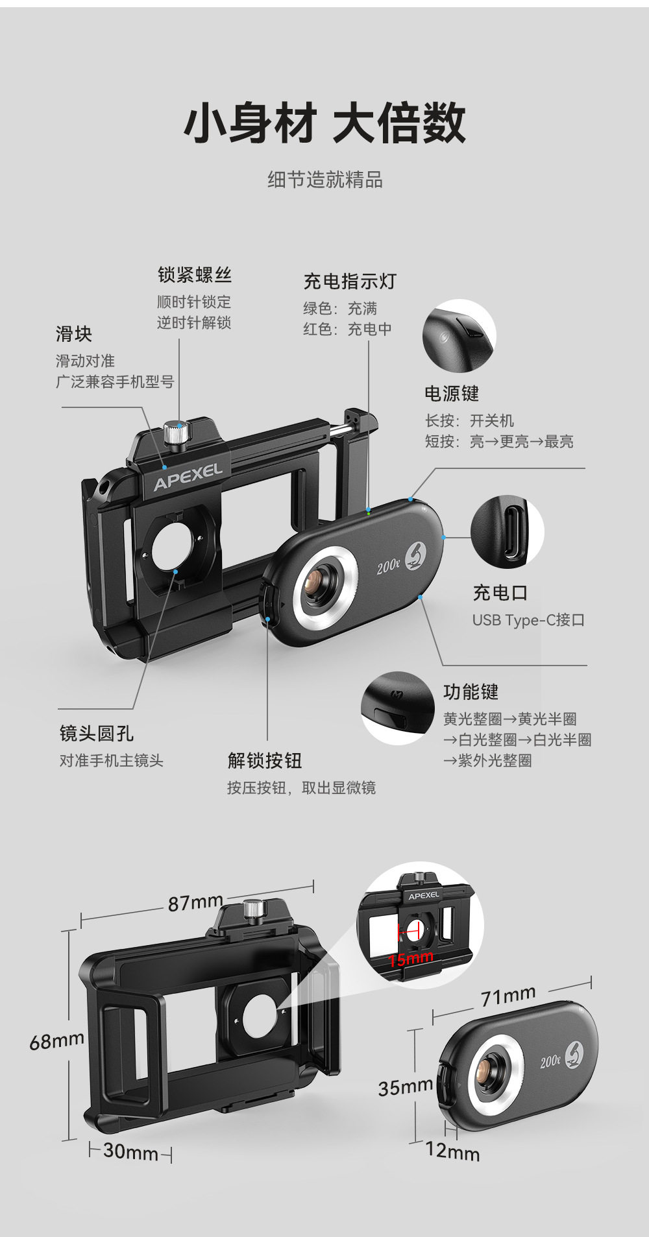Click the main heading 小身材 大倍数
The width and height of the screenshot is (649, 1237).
[324, 123]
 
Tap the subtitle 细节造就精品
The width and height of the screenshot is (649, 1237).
[324, 180]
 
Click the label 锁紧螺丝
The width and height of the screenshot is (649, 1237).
[194, 275]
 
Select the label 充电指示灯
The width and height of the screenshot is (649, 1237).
[349, 282]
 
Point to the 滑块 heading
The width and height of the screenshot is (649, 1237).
[74, 334]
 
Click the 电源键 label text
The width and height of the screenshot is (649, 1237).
[452, 393]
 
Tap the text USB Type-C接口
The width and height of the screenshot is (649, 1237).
[528, 620]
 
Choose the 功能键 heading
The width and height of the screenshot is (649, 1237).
[471, 692]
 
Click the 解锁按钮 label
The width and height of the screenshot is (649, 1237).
[265, 760]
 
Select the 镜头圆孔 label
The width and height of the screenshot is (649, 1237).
[97, 734]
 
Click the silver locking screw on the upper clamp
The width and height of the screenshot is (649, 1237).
[174, 433]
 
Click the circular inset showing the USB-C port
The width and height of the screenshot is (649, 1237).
[507, 531]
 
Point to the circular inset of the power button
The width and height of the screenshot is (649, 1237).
[459, 335]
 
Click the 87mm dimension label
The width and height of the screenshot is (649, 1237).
[195, 903]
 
